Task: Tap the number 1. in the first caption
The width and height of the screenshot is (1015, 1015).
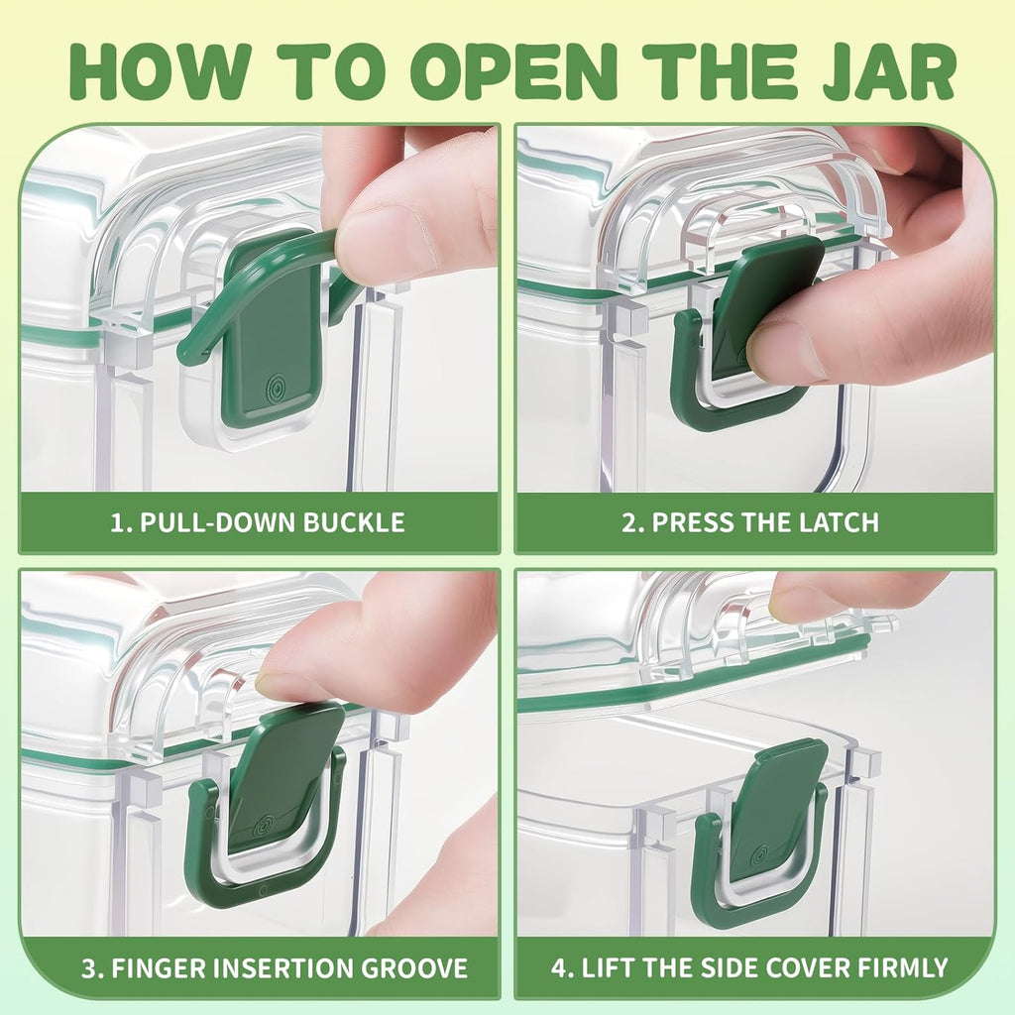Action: pos(120,522)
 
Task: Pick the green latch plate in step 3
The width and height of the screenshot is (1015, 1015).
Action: pos(285,773)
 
